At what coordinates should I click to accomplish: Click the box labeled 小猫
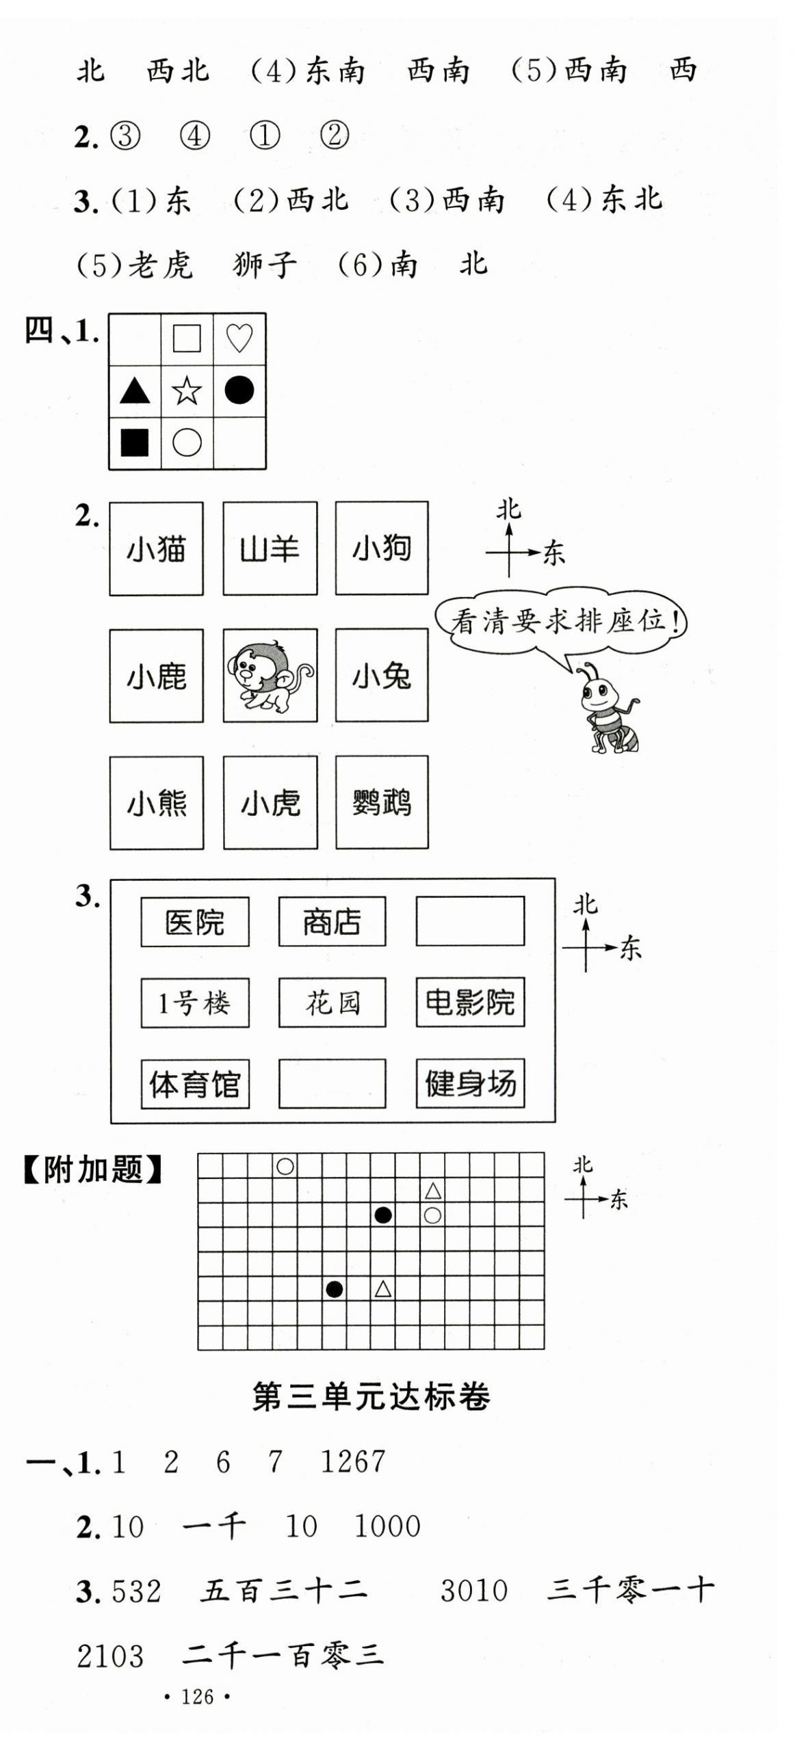(x=156, y=548)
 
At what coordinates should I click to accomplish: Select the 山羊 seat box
(x=270, y=548)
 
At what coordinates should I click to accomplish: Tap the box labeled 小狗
(x=381, y=548)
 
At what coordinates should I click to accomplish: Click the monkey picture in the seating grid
(x=270, y=676)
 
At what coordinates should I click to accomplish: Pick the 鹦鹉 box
(x=381, y=802)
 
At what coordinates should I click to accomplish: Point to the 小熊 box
(x=156, y=802)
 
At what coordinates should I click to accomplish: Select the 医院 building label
(x=194, y=922)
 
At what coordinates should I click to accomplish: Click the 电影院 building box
(x=470, y=1003)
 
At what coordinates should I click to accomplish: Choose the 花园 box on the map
(x=332, y=1003)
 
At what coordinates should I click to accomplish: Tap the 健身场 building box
(x=470, y=1083)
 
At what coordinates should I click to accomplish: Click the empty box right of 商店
(x=470, y=922)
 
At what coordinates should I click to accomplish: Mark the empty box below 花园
(x=332, y=1083)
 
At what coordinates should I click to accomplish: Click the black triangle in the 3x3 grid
(x=135, y=391)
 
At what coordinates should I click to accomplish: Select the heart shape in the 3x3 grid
(x=239, y=339)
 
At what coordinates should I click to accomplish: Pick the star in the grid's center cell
(x=187, y=391)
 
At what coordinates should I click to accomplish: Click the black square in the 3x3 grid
(x=135, y=442)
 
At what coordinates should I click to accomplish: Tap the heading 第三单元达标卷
(x=371, y=1396)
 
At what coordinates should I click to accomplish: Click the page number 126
(x=197, y=1697)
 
